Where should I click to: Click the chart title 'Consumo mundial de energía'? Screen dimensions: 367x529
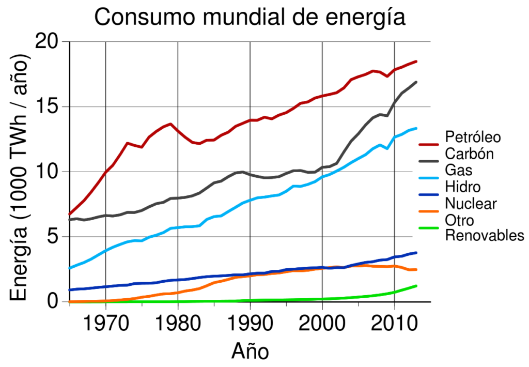pos(250,18)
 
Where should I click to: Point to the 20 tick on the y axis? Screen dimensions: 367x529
pos(47,42)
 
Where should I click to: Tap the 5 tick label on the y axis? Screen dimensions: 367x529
pos(53,237)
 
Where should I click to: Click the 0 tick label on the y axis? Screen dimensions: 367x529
pos(53,301)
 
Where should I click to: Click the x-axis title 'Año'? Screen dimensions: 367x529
pos(250,352)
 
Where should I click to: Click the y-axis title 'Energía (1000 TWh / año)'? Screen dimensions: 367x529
pos(21,172)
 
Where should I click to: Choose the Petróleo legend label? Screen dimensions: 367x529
pos(473,137)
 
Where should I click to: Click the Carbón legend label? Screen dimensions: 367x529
pos(469,154)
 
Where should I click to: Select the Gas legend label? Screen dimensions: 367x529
pos(458,171)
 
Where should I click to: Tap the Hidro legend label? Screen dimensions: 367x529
pos(462,187)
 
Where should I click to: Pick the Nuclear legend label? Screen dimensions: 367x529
pos(470,204)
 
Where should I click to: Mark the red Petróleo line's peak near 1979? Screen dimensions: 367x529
pos(170,124)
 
